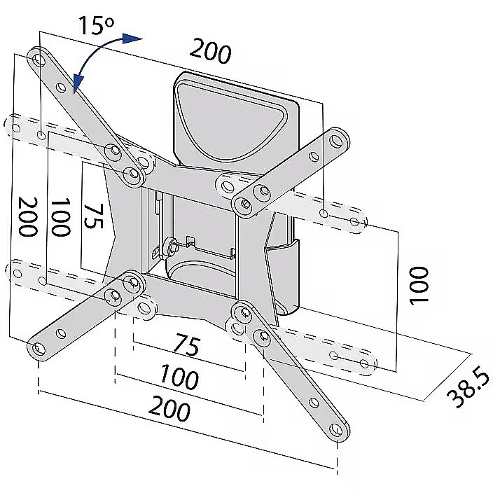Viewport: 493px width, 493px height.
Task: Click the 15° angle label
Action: coord(96,25)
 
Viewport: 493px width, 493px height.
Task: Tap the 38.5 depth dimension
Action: coord(468,389)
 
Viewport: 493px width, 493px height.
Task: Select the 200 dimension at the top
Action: coord(211,51)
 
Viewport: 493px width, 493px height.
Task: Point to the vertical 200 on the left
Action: coord(28,216)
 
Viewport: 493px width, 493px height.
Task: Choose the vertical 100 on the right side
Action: coord(419,286)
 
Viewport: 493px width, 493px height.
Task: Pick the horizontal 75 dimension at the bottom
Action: coord(188,345)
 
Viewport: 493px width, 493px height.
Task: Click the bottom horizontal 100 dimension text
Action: coord(179,377)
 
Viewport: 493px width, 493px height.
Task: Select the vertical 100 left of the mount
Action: coord(60,217)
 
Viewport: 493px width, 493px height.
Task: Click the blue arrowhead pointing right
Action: coord(132,39)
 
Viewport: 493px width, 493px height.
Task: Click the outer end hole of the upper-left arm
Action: coord(39,59)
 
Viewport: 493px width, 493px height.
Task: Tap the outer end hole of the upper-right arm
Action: coord(336,141)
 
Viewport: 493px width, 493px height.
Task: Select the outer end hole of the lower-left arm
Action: coord(38,348)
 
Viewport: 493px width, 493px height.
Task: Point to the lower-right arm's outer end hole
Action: coord(336,429)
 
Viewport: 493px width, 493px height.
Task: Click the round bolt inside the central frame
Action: coord(172,246)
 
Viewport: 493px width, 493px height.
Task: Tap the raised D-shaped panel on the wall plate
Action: coord(232,119)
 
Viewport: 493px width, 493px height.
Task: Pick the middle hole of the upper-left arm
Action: coord(61,87)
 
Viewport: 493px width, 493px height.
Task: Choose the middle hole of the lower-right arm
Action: coord(314,402)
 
